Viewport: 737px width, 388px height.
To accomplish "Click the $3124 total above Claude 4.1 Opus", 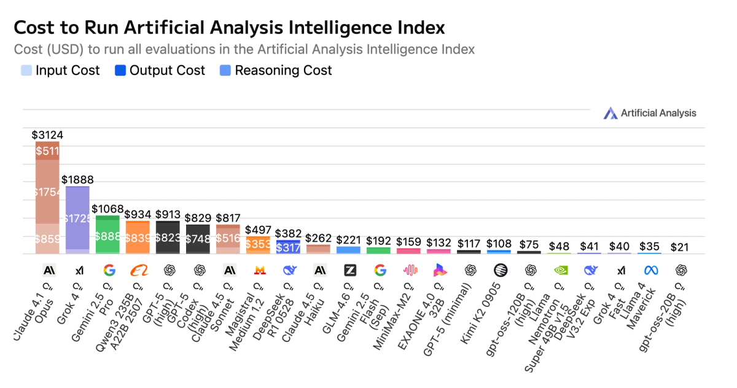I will point(48,135).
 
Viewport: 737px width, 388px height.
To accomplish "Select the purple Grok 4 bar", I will point(78,218).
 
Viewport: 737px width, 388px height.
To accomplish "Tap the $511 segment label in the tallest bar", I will point(47,151).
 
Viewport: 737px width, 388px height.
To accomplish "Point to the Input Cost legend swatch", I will point(26,71).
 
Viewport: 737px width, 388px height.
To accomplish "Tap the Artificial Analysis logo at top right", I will point(650,113).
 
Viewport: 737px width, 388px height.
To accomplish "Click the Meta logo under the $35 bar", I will point(650,270).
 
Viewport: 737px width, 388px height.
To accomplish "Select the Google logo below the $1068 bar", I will point(109,270).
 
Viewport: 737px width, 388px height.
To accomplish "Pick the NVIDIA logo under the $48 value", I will point(560,270).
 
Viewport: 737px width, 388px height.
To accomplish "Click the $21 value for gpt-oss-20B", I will point(680,247).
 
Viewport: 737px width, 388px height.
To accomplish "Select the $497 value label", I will point(259,229).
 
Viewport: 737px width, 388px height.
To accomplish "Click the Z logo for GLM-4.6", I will point(349,270).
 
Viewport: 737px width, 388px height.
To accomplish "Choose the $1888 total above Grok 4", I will point(77,179).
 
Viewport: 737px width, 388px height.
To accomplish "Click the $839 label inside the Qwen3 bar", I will point(138,238).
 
